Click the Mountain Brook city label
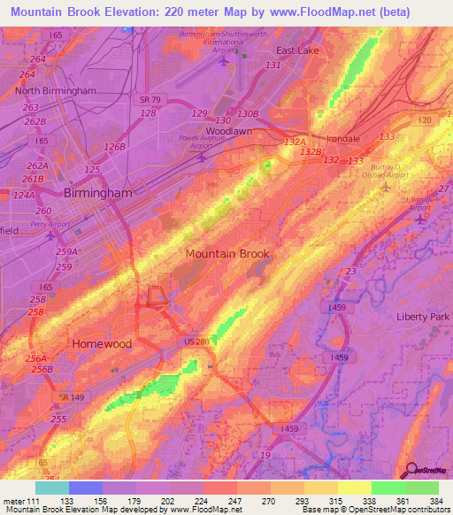[x=227, y=254]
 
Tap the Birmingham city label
[x=97, y=193]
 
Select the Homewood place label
[x=102, y=343]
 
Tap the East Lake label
[x=297, y=50]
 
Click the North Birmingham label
[x=55, y=90]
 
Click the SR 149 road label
[x=73, y=400]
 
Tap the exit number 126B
[x=115, y=147]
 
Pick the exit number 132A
[x=294, y=142]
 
